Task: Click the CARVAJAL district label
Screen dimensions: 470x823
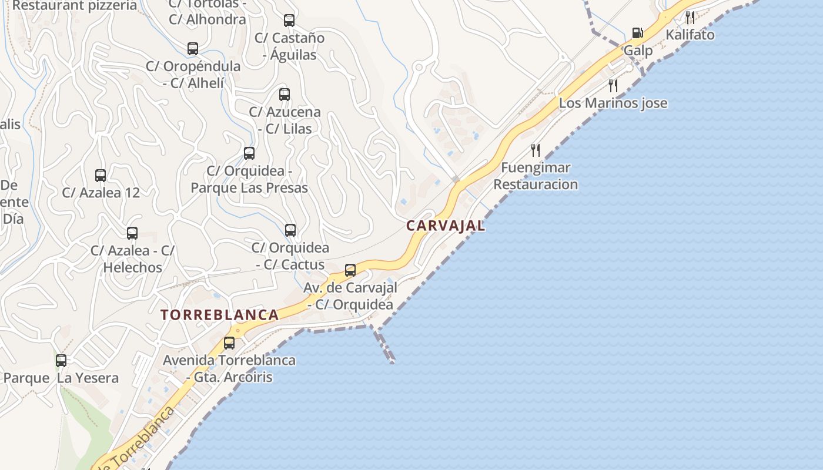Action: point(446,226)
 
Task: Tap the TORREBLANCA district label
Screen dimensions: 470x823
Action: point(220,314)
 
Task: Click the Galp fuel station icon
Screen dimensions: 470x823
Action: point(637,33)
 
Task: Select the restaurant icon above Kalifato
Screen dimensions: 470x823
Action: point(690,18)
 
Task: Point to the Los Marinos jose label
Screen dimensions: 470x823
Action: point(613,103)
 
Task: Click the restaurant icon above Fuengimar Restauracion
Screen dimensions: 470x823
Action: point(535,150)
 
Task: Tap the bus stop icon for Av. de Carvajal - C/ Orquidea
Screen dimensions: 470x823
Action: point(350,270)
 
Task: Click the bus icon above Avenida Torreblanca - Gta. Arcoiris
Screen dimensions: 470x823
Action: point(229,343)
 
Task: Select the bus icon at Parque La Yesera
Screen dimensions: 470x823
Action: point(61,361)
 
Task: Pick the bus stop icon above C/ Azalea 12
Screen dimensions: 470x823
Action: point(101,175)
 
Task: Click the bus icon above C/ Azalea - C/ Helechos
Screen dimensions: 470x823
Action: point(132,233)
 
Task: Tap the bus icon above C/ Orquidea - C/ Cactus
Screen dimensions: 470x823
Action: point(290,230)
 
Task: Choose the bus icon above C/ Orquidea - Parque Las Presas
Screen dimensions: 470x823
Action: point(249,153)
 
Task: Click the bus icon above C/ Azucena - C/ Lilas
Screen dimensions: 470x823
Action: point(285,94)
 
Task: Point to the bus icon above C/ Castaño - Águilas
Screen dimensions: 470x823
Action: point(289,21)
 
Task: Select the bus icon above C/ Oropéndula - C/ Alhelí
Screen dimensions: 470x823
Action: point(193,49)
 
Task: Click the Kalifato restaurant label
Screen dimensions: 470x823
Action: point(690,35)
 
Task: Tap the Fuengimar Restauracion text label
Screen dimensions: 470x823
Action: point(536,176)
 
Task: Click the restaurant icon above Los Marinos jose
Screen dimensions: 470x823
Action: point(613,86)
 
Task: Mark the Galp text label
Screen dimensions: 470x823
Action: point(638,51)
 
